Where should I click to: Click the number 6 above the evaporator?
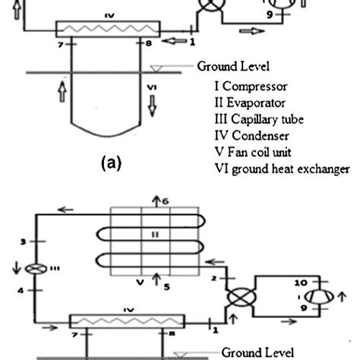[x=160, y=201]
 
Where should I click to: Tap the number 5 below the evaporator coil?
[x=160, y=286]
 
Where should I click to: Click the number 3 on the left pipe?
[x=23, y=242]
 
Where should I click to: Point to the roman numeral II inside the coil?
[x=154, y=235]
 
